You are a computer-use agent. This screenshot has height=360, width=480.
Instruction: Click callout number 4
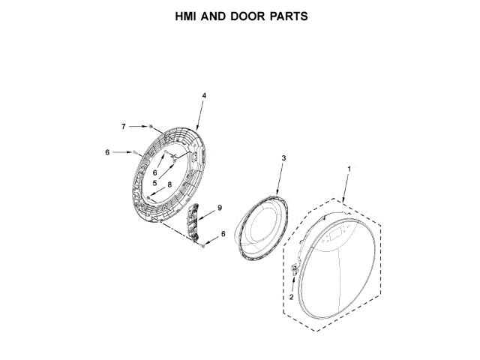point(204,95)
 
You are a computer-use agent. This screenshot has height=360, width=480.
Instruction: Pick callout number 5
point(154,183)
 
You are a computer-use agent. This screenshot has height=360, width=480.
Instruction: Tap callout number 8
point(169,184)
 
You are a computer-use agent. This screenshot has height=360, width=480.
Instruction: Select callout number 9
point(220,207)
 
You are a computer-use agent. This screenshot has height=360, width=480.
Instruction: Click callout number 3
point(283,157)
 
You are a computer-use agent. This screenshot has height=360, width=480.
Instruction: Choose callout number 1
point(348,170)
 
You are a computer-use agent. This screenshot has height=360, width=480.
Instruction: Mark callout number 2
point(291,297)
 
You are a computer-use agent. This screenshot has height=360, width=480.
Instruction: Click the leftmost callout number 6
point(107,152)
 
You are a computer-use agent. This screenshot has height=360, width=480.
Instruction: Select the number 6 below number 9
point(223,234)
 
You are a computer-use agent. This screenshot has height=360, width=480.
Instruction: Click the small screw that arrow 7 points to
point(151,125)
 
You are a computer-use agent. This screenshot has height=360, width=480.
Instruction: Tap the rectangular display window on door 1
point(335,232)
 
